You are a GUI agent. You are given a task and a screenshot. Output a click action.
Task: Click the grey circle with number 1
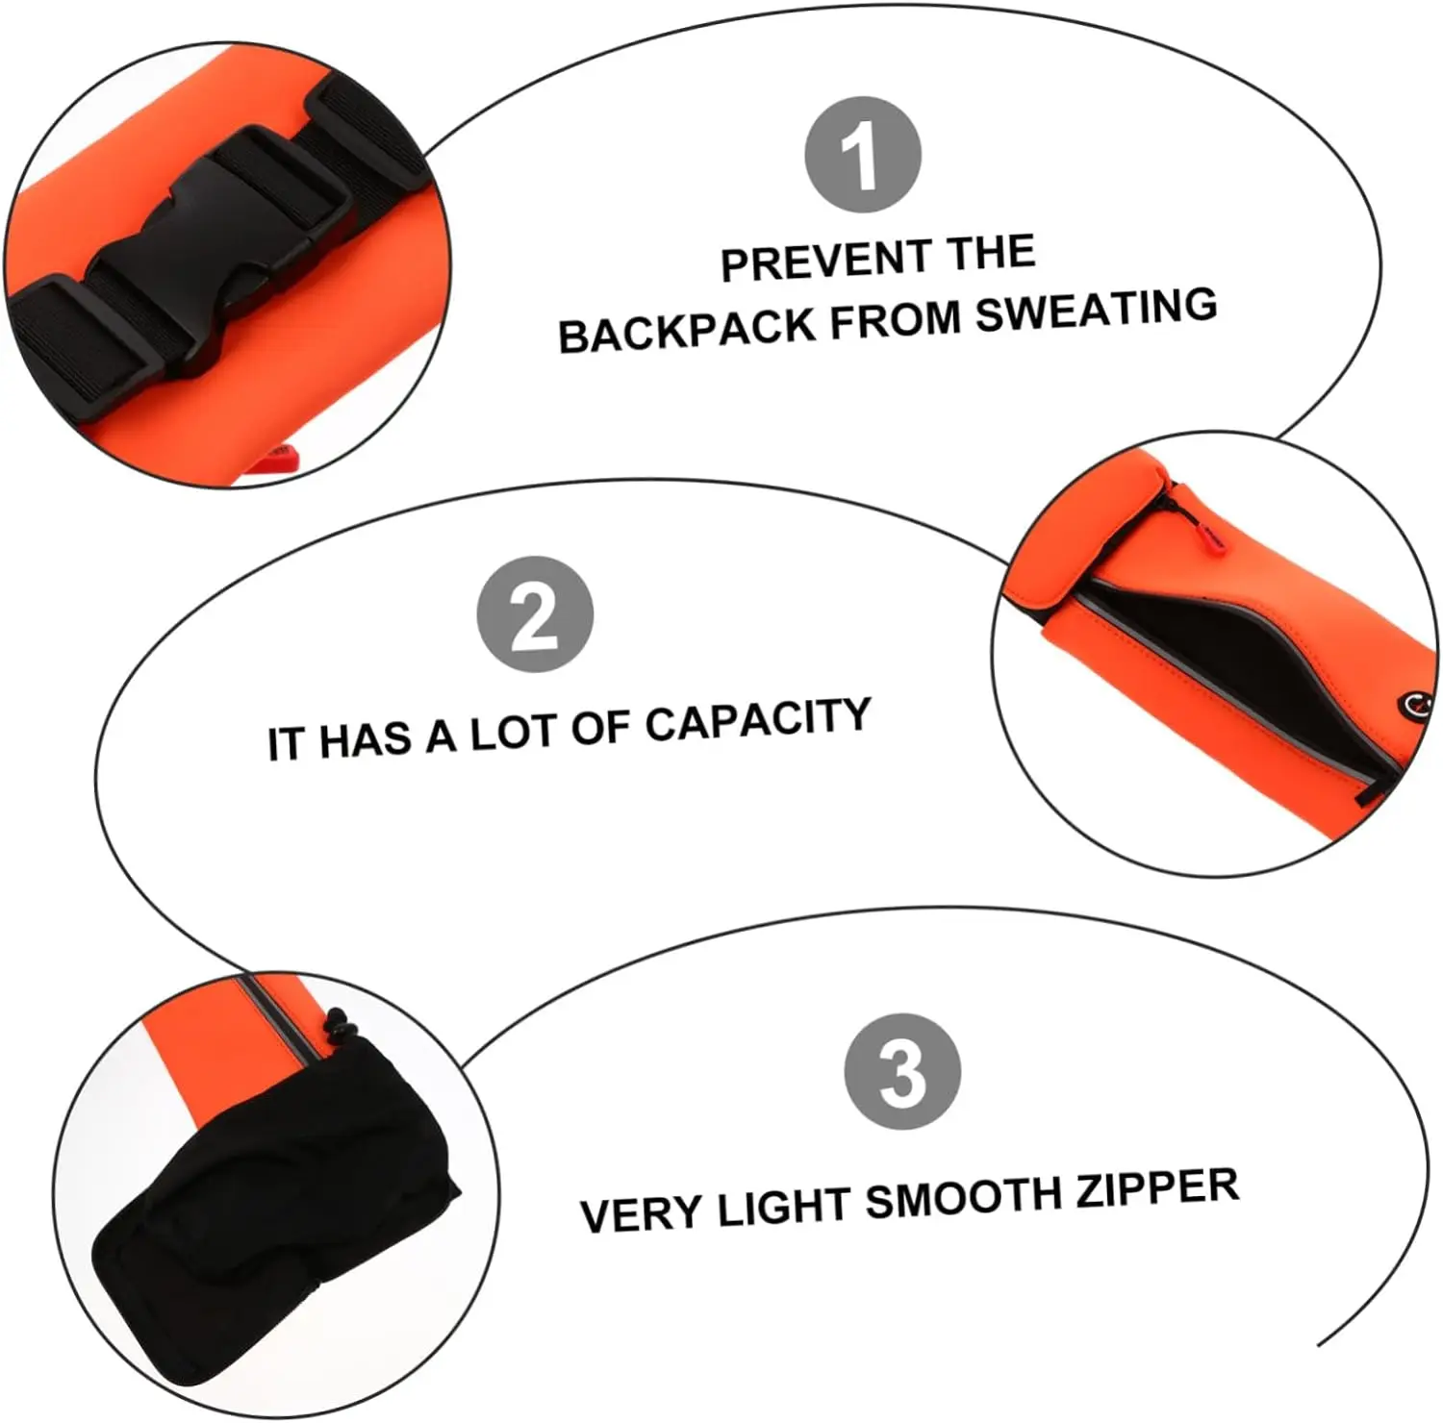(863, 155)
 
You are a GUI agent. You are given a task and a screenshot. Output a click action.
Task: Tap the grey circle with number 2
(535, 614)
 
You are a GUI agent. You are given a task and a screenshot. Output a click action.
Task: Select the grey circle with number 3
(902, 1071)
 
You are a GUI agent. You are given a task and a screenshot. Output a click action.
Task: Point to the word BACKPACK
(687, 330)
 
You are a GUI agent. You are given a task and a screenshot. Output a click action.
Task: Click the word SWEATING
(1097, 310)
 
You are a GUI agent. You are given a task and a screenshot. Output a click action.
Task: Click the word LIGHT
(783, 1207)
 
